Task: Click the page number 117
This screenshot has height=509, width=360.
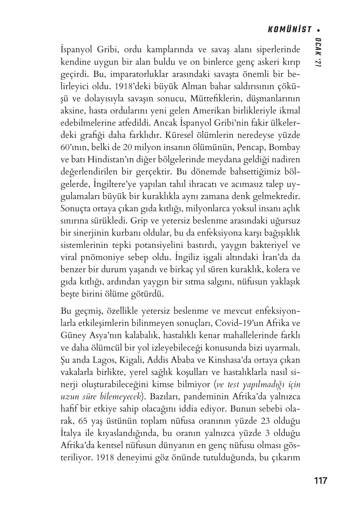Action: [x=321, y=480]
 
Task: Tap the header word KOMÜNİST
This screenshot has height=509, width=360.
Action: [x=290, y=30]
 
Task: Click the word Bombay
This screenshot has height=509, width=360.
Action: [x=284, y=147]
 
